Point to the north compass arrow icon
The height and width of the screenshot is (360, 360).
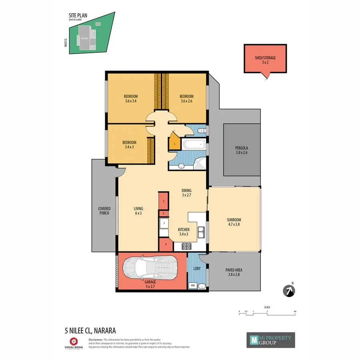pos(288,292)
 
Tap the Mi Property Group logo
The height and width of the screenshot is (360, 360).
pos(270,340)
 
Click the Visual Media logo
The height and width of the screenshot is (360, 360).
pos(73,343)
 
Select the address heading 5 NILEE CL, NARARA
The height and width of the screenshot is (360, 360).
pos(90,330)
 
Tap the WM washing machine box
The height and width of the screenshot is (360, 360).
pos(193,286)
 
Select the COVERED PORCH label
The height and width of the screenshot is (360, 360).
pos(104,210)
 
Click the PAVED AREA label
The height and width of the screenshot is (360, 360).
pos(234,272)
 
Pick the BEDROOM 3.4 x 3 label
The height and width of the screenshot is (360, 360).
pos(129,144)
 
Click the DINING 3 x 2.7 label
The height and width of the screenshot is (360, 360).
pos(186,193)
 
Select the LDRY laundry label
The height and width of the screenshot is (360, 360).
pos(197,268)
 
